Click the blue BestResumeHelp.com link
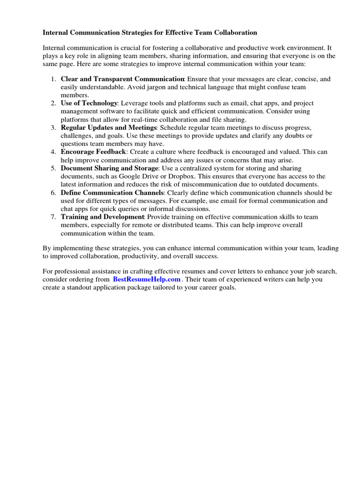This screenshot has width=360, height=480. point(146,279)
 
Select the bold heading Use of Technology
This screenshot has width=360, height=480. point(89,103)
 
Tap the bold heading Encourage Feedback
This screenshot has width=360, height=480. point(93,152)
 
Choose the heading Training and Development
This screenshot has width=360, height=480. point(102,217)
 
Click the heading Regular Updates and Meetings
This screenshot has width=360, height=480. point(109,127)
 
